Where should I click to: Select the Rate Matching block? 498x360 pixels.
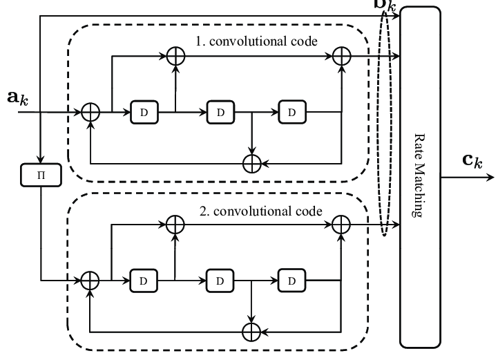pos(419,176)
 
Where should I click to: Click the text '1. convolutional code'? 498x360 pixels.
pos(256,41)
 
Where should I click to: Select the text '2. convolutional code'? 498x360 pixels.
pos(266,209)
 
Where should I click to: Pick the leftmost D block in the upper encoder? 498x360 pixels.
pos(144,111)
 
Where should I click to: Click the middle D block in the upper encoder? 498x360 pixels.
pos(219,111)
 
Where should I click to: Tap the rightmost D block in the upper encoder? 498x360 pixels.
pos(291,111)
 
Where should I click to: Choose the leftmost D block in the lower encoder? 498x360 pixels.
pos(144,280)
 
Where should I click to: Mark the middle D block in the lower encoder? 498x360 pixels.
pos(219,280)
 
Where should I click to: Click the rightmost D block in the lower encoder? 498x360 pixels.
pos(291,280)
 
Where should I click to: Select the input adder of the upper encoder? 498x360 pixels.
pos(90,111)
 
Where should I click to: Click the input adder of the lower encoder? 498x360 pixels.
pos(90,280)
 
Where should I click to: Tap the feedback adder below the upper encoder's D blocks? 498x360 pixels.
pos(253,163)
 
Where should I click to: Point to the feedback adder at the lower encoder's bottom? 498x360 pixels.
pos(253,332)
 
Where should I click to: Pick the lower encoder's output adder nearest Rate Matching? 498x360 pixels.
pos(341,225)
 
